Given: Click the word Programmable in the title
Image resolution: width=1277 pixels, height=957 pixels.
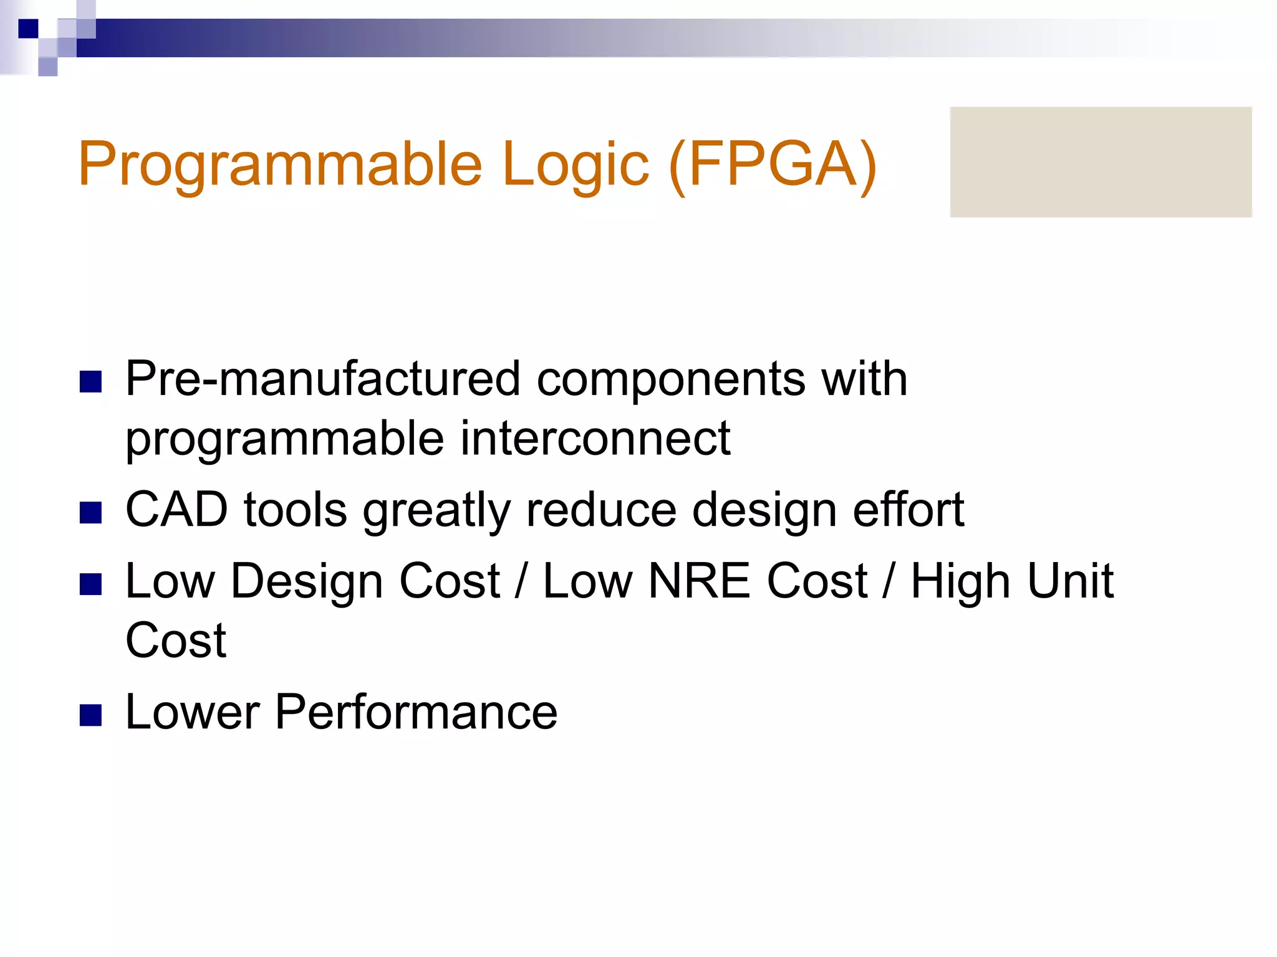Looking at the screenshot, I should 280,164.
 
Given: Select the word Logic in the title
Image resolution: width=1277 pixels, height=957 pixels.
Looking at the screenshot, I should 575,164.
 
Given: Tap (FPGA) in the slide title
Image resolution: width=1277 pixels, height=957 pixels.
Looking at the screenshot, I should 772,164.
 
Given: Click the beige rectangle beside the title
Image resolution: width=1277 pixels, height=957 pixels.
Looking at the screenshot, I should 1101,162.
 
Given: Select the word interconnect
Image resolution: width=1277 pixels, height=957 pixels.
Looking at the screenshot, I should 595,438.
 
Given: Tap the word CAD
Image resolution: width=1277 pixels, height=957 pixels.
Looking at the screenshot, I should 176,510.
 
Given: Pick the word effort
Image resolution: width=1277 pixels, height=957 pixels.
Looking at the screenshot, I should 908,510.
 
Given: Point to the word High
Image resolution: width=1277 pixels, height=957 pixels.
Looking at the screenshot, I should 959,582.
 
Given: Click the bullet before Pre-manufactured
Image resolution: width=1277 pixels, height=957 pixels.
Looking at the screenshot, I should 91,381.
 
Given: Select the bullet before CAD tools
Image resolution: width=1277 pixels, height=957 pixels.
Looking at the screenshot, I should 91,513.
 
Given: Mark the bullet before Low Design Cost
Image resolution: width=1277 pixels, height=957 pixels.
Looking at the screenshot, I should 91,584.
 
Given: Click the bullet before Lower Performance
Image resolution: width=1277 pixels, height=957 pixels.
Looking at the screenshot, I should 91,715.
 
